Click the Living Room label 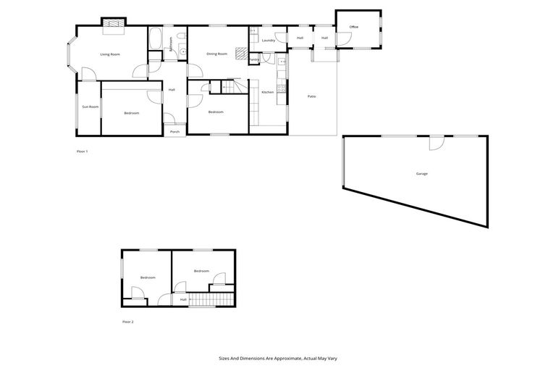[110, 54]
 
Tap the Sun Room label [90, 107]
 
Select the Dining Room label [217, 54]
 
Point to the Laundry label [268, 41]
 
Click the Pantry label [253, 59]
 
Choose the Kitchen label [268, 92]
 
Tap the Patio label [311, 96]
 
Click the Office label [354, 27]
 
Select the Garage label [422, 174]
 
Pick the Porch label [174, 132]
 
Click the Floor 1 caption [82, 151]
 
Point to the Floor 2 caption [128, 321]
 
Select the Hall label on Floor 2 [183, 299]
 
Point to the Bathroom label [172, 43]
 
